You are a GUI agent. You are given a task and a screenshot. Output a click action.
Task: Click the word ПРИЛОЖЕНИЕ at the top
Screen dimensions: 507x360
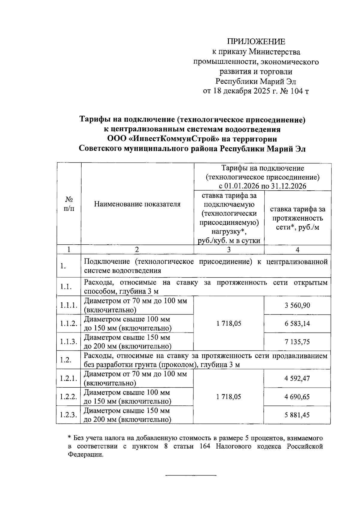point(256,42)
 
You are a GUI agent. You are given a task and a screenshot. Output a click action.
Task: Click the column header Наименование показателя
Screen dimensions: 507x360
point(137,204)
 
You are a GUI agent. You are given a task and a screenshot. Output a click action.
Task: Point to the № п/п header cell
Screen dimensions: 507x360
point(69,204)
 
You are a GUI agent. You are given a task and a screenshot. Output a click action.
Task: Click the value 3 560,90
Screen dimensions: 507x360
point(297,306)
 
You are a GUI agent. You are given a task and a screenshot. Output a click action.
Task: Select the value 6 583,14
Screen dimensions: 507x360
point(297,324)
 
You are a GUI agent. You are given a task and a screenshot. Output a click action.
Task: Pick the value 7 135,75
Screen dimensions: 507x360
point(297,342)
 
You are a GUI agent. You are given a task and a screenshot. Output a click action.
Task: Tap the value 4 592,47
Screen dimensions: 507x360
point(297,378)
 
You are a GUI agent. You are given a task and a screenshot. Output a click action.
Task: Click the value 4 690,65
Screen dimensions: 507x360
point(297,397)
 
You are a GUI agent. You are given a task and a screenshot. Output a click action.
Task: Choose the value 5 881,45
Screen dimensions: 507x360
point(297,415)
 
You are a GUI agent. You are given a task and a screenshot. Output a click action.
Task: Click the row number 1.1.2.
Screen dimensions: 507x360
point(69,324)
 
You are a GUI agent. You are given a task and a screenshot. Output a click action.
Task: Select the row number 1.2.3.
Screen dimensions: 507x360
point(69,415)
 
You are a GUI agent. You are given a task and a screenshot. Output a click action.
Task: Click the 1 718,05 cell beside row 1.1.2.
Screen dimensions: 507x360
point(229,324)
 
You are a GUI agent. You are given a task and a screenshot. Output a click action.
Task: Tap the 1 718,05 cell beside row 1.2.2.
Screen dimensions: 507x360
point(229,397)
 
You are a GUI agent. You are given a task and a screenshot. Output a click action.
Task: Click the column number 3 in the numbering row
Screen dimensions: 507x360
point(229,250)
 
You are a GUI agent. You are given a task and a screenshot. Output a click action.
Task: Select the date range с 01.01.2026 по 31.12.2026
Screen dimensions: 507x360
point(262,186)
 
